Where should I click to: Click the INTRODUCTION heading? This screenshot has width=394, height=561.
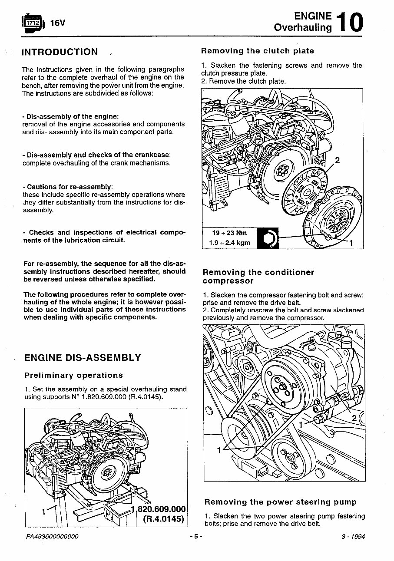(60, 52)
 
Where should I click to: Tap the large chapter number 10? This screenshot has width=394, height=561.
(350, 22)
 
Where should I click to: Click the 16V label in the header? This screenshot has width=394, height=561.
(57, 23)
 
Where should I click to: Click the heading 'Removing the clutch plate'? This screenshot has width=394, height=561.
(257, 51)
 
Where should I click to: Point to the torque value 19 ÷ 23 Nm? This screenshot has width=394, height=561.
(229, 233)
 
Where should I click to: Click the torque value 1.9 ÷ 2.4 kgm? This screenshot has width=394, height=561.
(229, 242)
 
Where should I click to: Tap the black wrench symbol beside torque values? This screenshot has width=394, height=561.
(267, 238)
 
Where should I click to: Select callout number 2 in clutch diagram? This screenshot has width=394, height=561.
(337, 161)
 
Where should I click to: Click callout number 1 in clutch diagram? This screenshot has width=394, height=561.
(351, 242)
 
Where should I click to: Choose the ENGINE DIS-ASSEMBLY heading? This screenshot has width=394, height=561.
(83, 358)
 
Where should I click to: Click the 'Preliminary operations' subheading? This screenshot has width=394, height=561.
(73, 375)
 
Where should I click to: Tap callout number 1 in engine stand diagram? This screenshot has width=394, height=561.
(43, 512)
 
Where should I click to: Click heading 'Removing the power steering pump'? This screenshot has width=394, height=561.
(280, 502)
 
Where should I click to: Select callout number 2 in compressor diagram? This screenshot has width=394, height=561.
(354, 418)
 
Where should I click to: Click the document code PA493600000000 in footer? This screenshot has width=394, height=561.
(52, 537)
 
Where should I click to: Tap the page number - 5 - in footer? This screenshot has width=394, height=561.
(196, 537)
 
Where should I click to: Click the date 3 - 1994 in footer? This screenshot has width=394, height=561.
(353, 537)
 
